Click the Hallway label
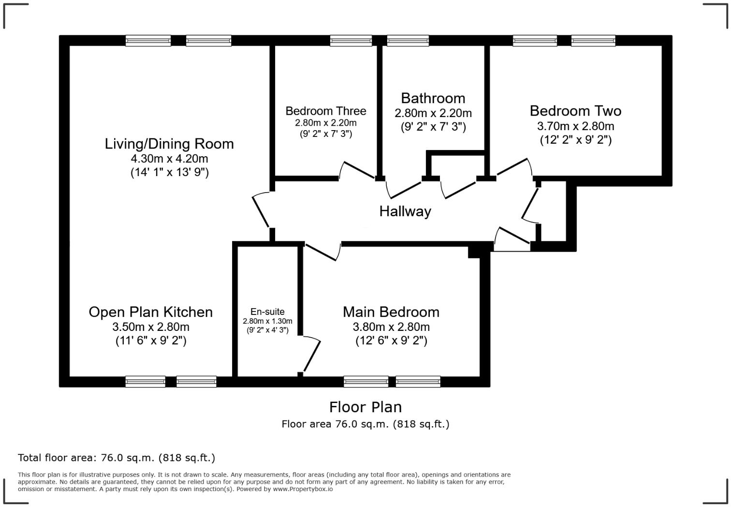click(x=405, y=211)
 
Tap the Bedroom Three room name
click(x=325, y=111)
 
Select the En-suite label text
click(x=267, y=312)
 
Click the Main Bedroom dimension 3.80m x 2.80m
click(x=391, y=327)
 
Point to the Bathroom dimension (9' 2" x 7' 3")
click(x=433, y=127)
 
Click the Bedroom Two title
click(x=575, y=111)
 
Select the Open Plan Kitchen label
click(x=150, y=312)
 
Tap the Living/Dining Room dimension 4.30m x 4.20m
click(x=169, y=159)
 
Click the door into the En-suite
click(x=310, y=356)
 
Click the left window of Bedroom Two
click(x=535, y=41)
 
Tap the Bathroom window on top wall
click(x=408, y=41)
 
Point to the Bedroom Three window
click(x=351, y=41)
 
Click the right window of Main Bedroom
click(x=418, y=382)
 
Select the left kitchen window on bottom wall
click(x=145, y=382)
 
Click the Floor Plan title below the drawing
click(x=365, y=407)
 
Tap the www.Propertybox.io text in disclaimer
click(x=302, y=489)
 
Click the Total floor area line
click(x=117, y=458)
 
